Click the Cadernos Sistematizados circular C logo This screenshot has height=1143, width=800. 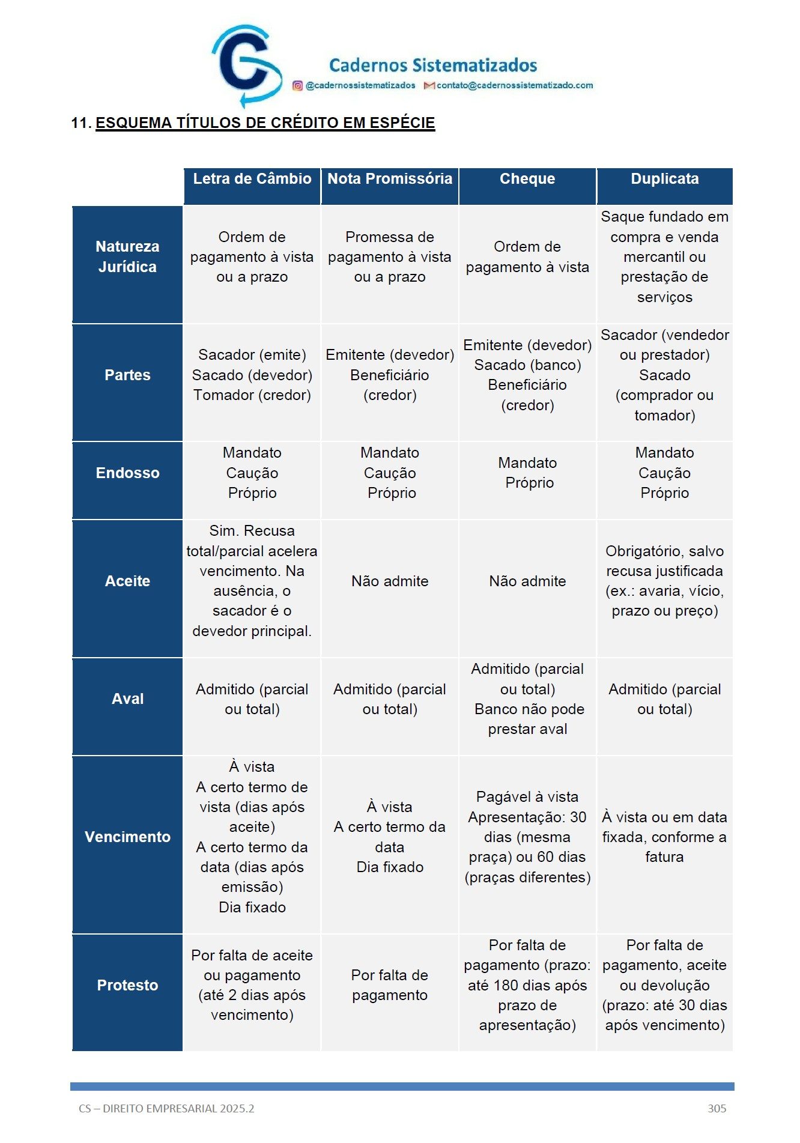tap(246, 65)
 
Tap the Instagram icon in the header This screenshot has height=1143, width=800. tap(297, 86)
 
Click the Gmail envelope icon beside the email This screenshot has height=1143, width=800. tap(429, 86)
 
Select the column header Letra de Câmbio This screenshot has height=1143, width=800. tap(252, 179)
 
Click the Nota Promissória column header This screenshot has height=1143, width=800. tap(390, 179)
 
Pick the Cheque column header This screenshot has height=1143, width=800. tap(527, 179)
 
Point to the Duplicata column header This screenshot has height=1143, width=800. tap(665, 179)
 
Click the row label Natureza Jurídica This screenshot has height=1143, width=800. tap(127, 257)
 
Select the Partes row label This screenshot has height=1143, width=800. tap(127, 375)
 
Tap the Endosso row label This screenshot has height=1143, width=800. tap(127, 473)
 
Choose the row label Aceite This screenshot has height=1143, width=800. tap(127, 581)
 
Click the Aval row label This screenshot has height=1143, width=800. tap(127, 699)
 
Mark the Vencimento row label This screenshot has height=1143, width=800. tap(127, 837)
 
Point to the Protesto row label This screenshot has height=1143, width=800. tap(127, 986)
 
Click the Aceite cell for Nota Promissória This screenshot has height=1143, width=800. tap(390, 581)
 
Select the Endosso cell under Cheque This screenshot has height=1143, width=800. tap(527, 473)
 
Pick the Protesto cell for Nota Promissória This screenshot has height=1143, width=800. tap(390, 986)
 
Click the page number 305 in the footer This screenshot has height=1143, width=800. tap(717, 1109)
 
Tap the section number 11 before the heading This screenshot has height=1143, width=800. tap(80, 123)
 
